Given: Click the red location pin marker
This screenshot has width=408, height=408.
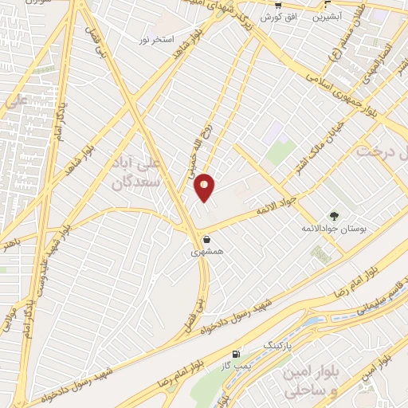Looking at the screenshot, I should tap(205, 186).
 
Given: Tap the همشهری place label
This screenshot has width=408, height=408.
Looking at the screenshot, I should tap(206, 251).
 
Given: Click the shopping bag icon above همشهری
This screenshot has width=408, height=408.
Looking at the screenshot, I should tap(206, 238).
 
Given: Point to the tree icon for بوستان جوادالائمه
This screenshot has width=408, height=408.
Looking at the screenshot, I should tap(334, 215).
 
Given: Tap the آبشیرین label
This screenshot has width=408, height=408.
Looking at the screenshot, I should tap(327, 15).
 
